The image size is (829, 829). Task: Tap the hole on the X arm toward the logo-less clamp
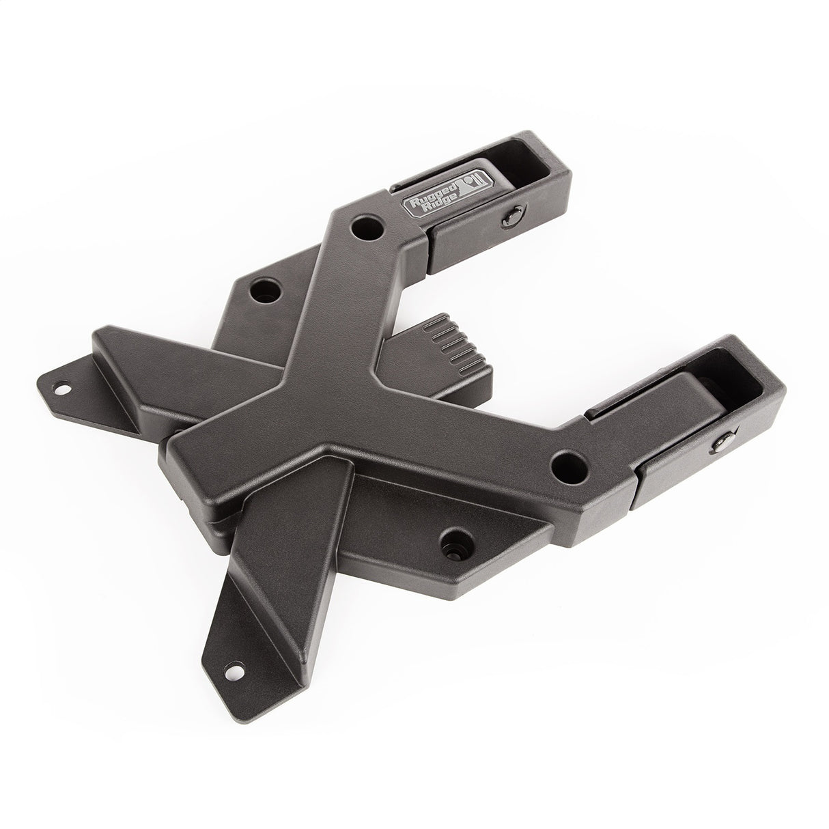coord(568,468)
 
